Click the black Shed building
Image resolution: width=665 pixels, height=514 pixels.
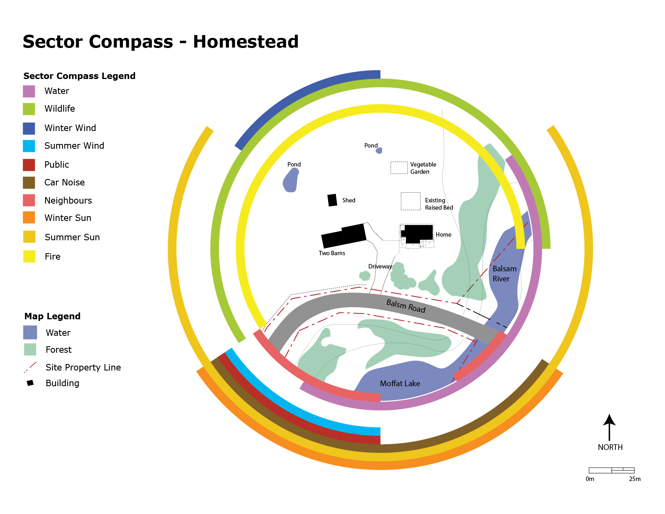(332, 200)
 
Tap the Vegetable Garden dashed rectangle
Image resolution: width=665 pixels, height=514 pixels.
(399, 168)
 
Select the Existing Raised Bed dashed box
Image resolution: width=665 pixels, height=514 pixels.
(411, 201)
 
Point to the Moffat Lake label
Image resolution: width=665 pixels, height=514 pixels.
(400, 384)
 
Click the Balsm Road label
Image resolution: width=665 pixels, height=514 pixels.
(406, 306)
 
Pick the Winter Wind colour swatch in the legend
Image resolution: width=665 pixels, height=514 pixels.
(29, 129)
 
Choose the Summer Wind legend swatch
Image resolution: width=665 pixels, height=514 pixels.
(29, 146)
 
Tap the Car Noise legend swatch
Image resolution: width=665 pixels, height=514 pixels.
(29, 183)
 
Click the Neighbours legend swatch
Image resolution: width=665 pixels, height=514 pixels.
(29, 200)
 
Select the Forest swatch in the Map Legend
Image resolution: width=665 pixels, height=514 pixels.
(30, 349)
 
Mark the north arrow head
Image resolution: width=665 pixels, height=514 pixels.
(609, 420)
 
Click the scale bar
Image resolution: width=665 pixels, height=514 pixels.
(611, 470)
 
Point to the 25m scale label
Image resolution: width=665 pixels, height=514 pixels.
(634, 479)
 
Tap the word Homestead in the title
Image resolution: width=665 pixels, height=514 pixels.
(246, 42)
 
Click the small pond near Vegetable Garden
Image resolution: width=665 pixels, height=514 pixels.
(379, 150)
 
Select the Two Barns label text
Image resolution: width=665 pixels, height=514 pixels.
(332, 253)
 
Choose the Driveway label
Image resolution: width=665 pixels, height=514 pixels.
(380, 266)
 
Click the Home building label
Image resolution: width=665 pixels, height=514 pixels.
(443, 235)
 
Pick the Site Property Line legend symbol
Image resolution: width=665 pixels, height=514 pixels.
(30, 367)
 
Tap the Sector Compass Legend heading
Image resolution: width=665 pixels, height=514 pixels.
(79, 76)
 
